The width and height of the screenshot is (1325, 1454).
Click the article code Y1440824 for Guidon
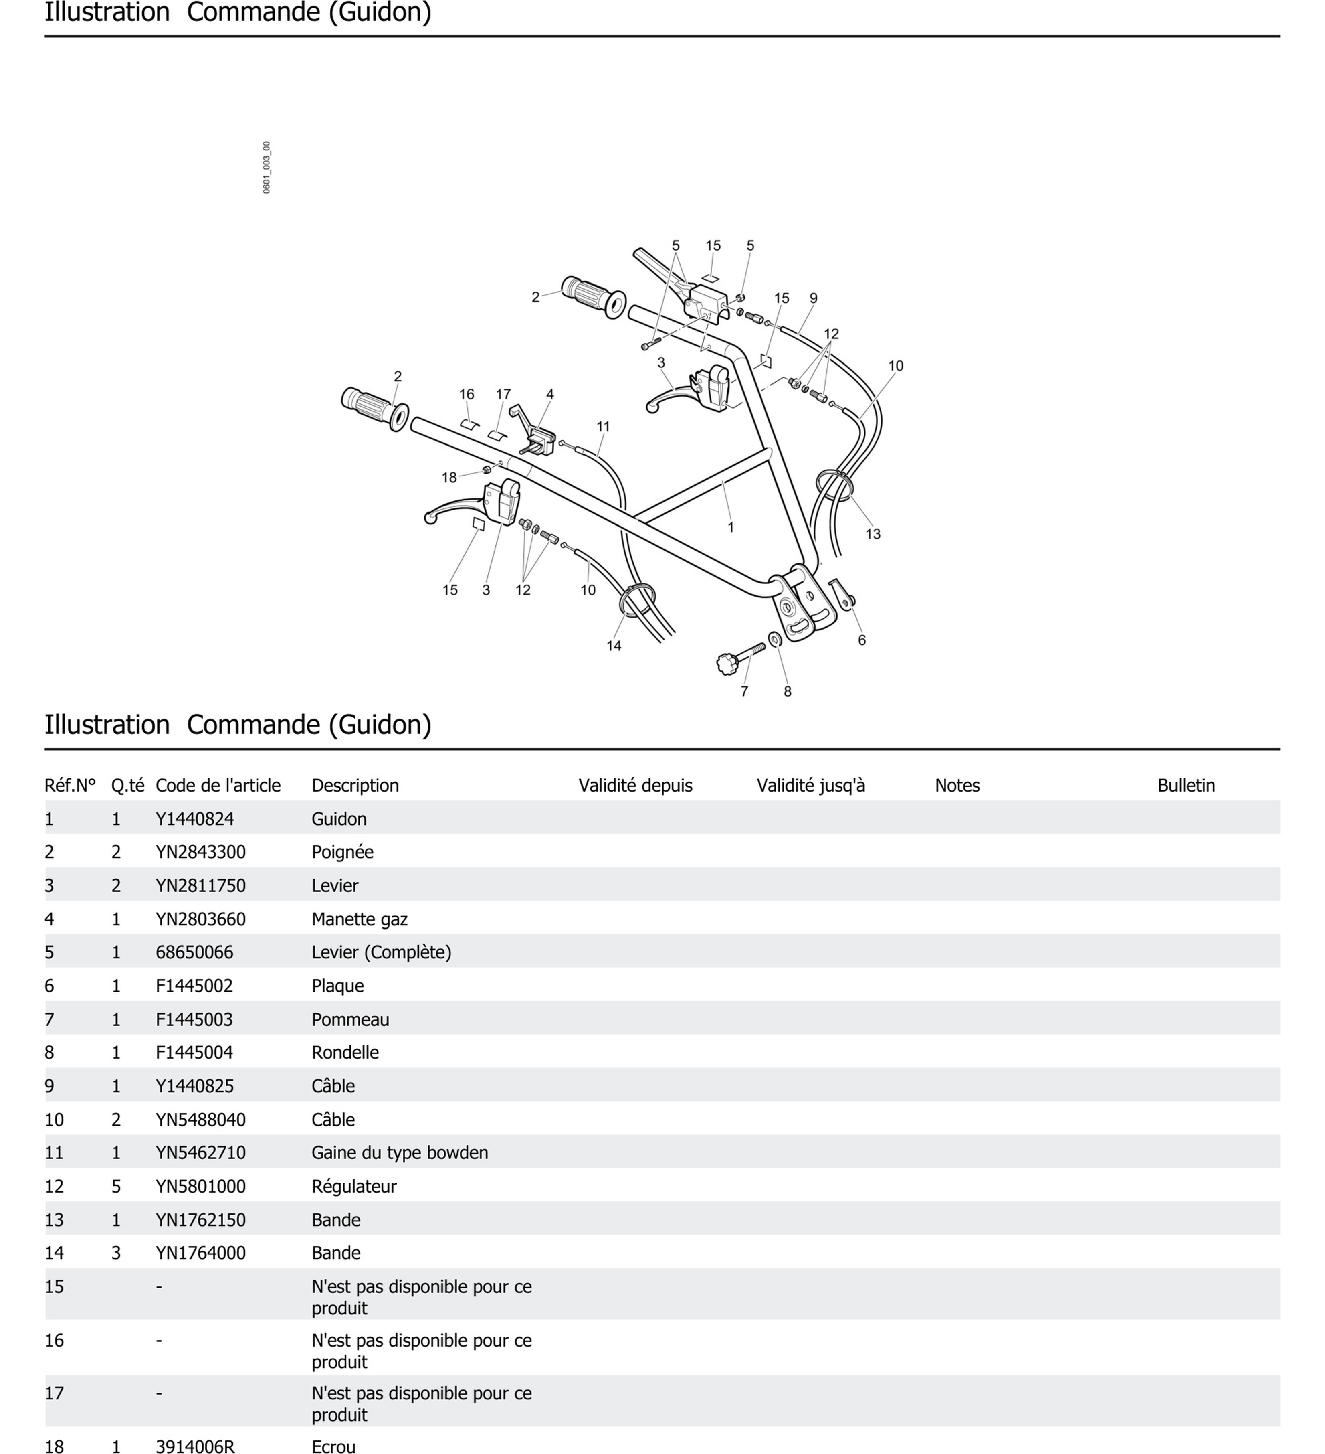(195, 818)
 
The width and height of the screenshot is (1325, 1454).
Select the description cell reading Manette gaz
(359, 919)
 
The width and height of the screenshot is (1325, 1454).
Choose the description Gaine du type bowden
(399, 1152)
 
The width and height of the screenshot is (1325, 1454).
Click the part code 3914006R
(195, 1445)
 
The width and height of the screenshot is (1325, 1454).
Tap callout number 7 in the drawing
(744, 691)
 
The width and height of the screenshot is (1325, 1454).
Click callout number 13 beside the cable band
(872, 534)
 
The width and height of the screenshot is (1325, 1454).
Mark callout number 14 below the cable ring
(614, 646)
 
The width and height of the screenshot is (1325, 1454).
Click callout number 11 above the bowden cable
(603, 426)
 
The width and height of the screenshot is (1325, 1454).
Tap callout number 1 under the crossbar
(730, 527)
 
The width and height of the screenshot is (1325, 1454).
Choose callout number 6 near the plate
(861, 640)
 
